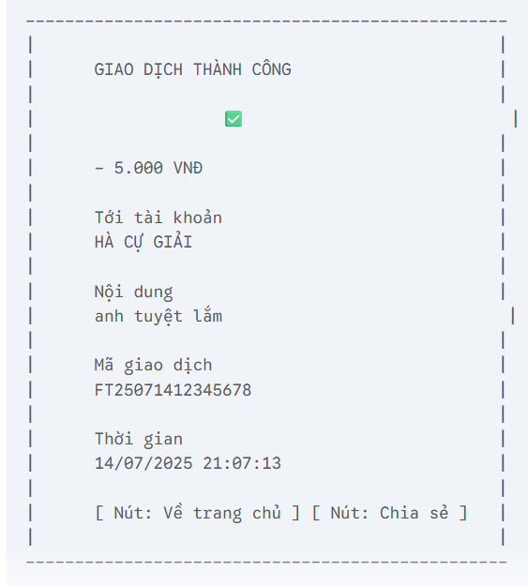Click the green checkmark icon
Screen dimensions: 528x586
[234, 119]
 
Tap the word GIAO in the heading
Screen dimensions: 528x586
[113, 69]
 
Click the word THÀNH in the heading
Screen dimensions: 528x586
[218, 68]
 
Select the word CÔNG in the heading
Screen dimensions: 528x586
[271, 68]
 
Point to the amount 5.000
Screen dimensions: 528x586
[139, 168]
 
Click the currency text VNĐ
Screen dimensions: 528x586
[188, 168]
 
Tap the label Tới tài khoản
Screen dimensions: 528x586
[158, 218]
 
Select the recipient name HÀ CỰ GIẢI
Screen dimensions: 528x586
[143, 242]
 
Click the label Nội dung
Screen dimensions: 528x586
[133, 292]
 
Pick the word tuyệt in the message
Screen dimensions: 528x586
[158, 317]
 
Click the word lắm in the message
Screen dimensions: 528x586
[207, 316]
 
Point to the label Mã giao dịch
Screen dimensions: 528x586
[153, 365]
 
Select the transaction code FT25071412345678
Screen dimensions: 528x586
[173, 390]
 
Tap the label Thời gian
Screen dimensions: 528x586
[139, 439]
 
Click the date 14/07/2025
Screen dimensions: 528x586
[143, 463]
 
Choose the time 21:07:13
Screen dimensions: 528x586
[242, 463]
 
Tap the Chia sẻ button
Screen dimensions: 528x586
[389, 513]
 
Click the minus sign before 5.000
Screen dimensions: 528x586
[99, 169]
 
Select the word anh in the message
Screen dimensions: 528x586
[109, 317]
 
